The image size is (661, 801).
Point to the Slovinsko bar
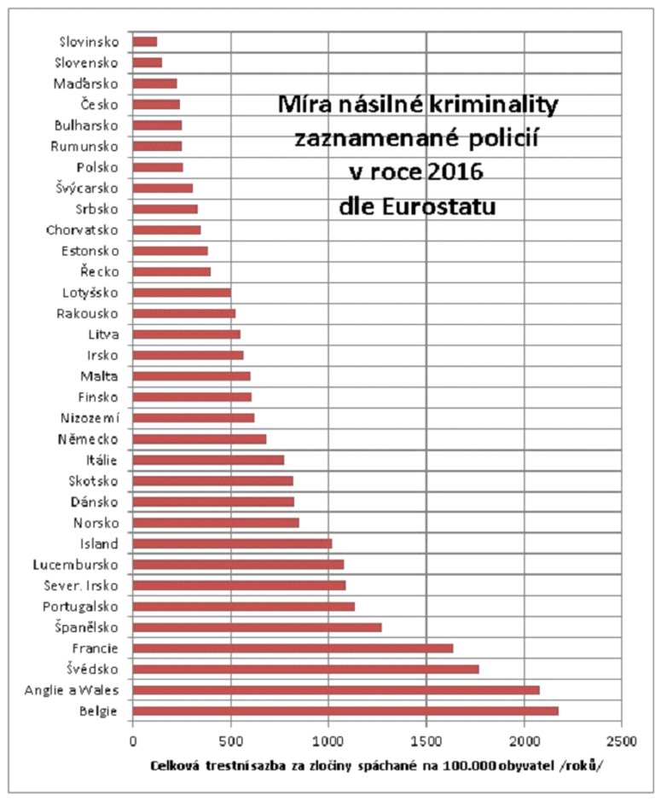pyautogui.click(x=145, y=41)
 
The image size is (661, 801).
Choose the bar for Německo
pyautogui.click(x=200, y=439)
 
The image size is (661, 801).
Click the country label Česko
pyautogui.click(x=100, y=104)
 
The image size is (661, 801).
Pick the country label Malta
pyautogui.click(x=101, y=376)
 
